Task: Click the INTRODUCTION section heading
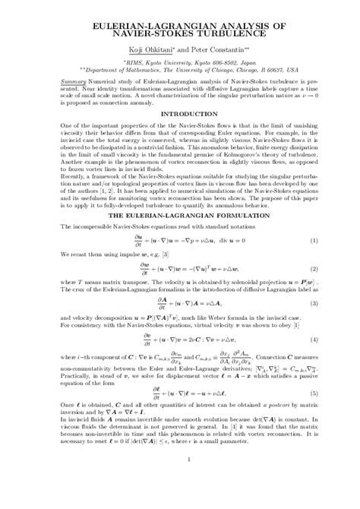[180, 116]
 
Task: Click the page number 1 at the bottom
[180, 481]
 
